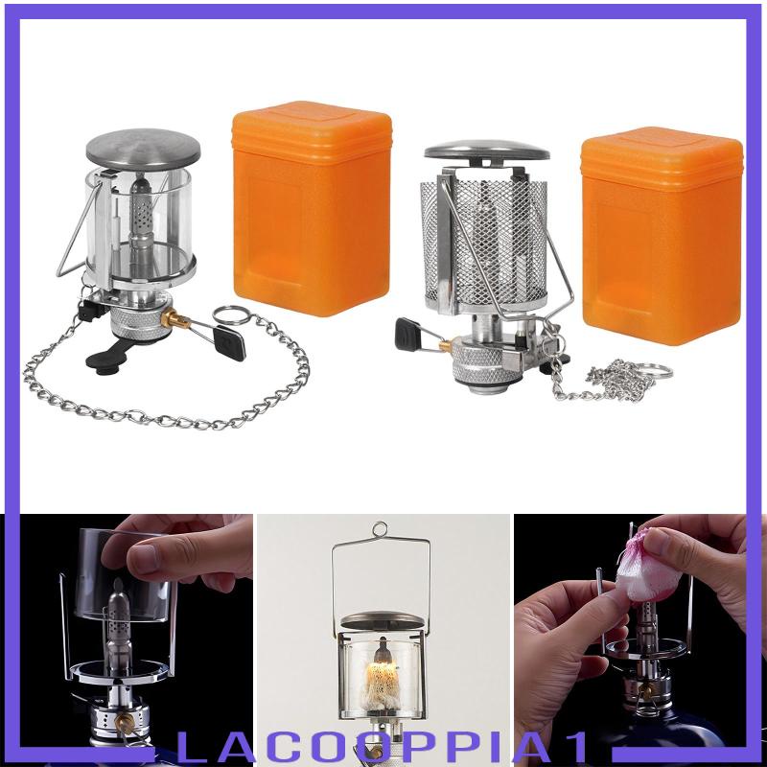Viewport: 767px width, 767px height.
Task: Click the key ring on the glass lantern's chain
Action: (x=229, y=317)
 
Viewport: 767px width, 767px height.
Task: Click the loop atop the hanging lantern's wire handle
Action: (x=381, y=529)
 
